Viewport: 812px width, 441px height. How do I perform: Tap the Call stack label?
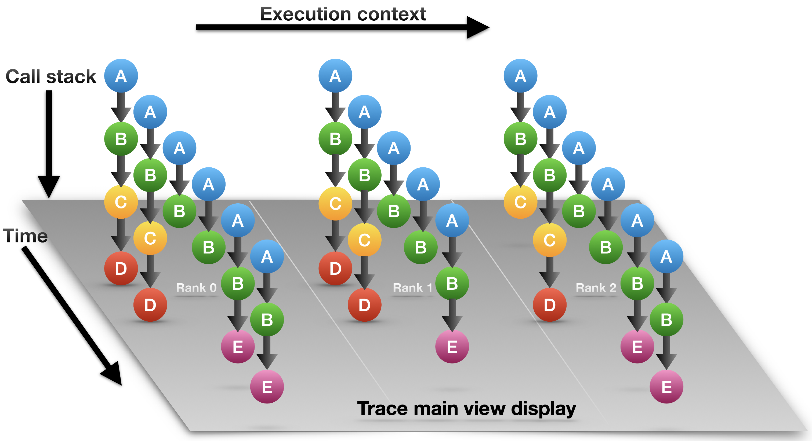[x=50, y=76]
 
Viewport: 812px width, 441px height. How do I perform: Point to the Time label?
[x=25, y=236]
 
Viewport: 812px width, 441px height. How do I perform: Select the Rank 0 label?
[x=196, y=288]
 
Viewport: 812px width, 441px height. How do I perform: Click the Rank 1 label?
[x=412, y=288]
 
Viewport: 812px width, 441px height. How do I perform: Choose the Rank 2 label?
[x=596, y=288]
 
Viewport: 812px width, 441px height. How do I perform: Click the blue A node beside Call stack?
[x=121, y=76]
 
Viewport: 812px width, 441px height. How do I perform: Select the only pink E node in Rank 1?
[x=452, y=347]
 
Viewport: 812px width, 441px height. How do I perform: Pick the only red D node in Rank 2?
[x=549, y=305]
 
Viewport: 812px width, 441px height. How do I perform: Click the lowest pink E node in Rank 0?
[x=267, y=387]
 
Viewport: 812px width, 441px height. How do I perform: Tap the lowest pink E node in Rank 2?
[x=666, y=387]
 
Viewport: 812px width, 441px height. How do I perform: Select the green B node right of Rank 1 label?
[x=452, y=283]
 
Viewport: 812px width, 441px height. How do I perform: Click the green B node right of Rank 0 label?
[x=238, y=283]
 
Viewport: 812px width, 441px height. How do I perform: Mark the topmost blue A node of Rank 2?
[x=520, y=76]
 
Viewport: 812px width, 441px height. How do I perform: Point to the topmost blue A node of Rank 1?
[x=335, y=76]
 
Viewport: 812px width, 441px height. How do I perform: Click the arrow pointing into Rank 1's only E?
[x=452, y=315]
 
